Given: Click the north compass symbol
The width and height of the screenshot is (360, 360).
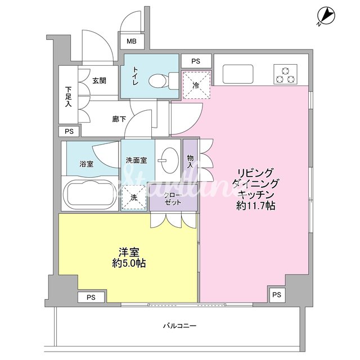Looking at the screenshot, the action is (326, 16).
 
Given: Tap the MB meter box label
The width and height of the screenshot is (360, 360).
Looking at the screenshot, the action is (132, 41).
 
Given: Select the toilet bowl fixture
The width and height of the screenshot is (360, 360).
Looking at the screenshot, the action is (164, 80).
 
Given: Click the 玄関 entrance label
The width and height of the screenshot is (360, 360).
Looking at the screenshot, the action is (99, 80).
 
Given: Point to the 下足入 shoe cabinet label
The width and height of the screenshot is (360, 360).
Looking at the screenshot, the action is (68, 96).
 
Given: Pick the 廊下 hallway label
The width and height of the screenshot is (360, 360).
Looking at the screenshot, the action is (119, 119).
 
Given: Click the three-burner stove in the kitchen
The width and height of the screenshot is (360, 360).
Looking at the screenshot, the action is (285, 74).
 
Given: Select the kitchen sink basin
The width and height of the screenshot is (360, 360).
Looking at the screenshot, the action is (238, 74).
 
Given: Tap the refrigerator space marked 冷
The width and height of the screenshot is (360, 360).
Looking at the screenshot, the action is (196, 85).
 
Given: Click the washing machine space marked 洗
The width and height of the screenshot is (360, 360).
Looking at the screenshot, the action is (134, 197).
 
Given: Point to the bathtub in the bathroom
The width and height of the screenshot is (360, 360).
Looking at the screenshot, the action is (90, 193).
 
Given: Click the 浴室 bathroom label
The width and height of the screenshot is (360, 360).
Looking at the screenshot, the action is (86, 164).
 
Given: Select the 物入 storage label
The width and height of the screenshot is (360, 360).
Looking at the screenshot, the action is (190, 161).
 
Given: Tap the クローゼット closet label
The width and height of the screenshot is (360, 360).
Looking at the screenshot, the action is (173, 199).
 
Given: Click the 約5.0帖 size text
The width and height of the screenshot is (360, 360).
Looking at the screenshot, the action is (129, 263).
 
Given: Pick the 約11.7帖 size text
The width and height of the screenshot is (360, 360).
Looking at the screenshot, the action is (256, 206).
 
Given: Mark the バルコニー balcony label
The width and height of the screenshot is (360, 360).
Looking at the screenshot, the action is (179, 326).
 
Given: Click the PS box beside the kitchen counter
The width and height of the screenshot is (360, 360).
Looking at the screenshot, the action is (196, 61).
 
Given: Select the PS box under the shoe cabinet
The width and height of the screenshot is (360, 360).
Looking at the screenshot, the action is (69, 131).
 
